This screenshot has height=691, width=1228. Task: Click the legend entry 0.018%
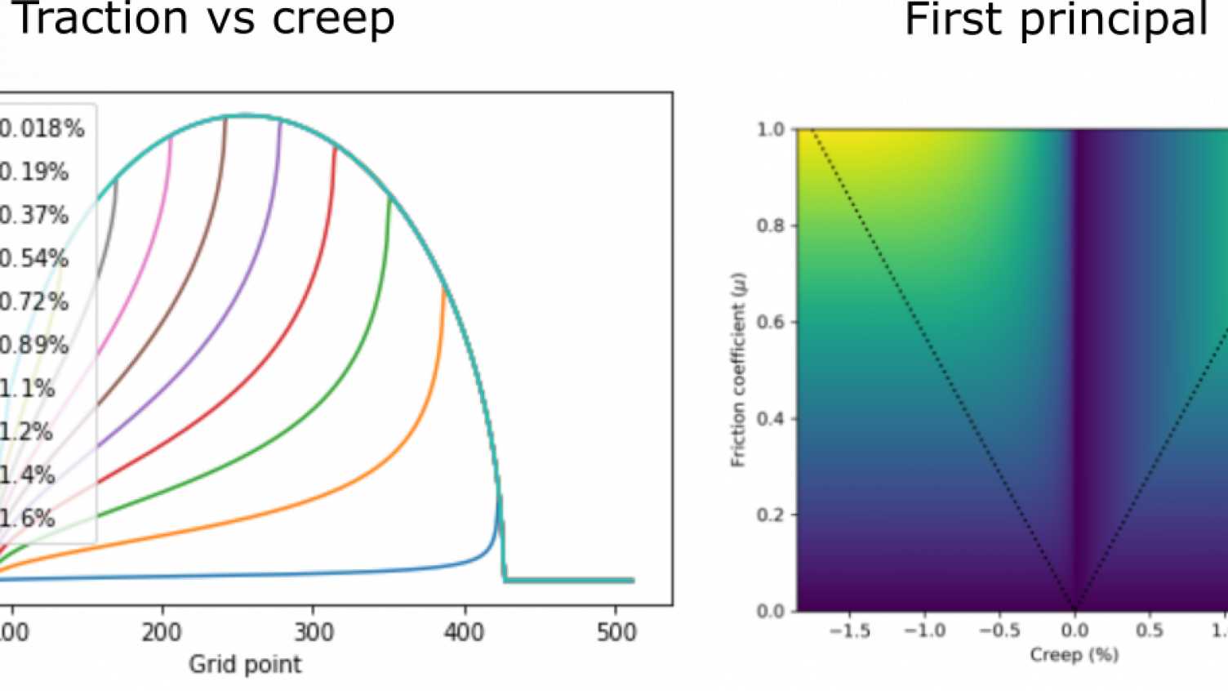(x=41, y=129)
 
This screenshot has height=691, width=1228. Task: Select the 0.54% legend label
(x=34, y=259)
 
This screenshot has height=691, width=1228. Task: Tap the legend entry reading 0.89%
(x=34, y=345)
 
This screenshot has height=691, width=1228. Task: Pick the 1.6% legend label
(x=28, y=519)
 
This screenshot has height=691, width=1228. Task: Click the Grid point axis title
(x=245, y=665)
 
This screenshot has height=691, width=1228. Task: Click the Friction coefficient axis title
(x=738, y=370)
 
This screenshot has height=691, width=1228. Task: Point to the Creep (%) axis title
(x=1074, y=655)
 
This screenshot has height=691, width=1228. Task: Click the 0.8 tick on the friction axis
(x=771, y=226)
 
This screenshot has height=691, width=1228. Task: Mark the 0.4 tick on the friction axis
(x=771, y=419)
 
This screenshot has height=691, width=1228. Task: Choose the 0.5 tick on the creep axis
(x=1149, y=631)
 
